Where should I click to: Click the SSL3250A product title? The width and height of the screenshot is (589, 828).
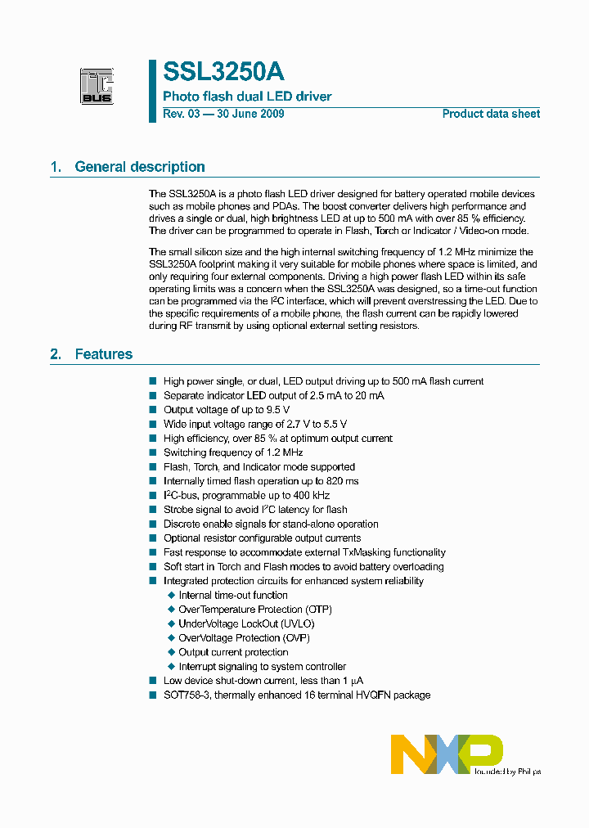click(x=223, y=72)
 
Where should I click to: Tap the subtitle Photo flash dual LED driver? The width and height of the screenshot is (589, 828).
click(x=247, y=97)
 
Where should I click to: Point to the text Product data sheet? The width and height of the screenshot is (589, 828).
click(x=491, y=114)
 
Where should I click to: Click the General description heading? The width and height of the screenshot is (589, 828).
click(x=140, y=167)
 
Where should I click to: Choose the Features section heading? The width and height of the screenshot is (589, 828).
click(x=104, y=354)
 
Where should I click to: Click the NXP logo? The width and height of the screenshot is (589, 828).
click(x=447, y=754)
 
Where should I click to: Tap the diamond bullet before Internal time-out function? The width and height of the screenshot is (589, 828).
click(x=171, y=596)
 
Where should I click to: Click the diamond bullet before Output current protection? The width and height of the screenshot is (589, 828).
click(x=171, y=653)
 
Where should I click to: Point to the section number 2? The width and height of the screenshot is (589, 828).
click(x=56, y=354)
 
